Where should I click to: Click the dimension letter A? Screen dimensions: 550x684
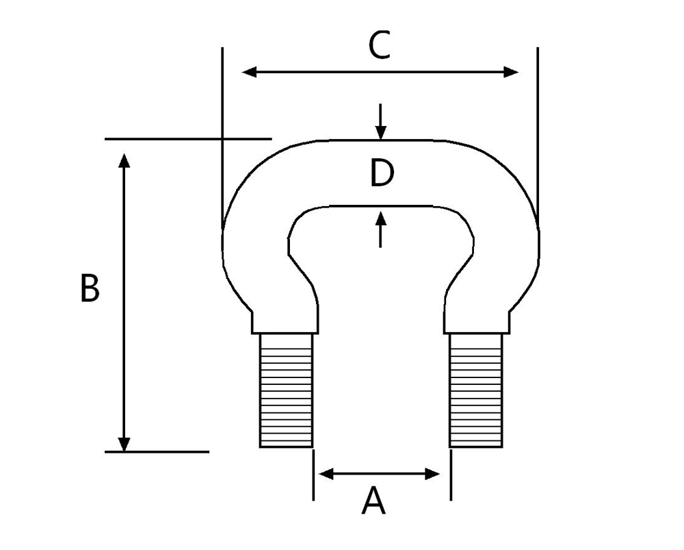click(x=373, y=501)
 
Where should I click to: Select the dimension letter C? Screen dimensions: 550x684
click(x=379, y=47)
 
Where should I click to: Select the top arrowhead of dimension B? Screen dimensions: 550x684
click(x=124, y=162)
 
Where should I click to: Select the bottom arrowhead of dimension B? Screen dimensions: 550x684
click(x=124, y=443)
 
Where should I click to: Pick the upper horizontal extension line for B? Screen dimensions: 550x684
click(x=188, y=139)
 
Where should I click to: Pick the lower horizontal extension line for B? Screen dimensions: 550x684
click(x=157, y=452)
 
